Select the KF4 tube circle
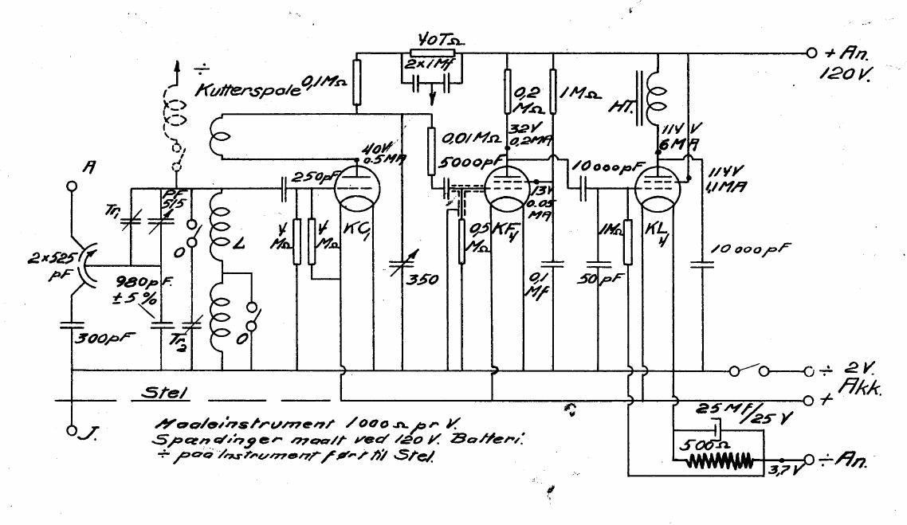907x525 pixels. [x=507, y=188]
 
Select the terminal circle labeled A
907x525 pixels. [x=71, y=185]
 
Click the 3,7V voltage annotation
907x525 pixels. [x=783, y=472]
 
